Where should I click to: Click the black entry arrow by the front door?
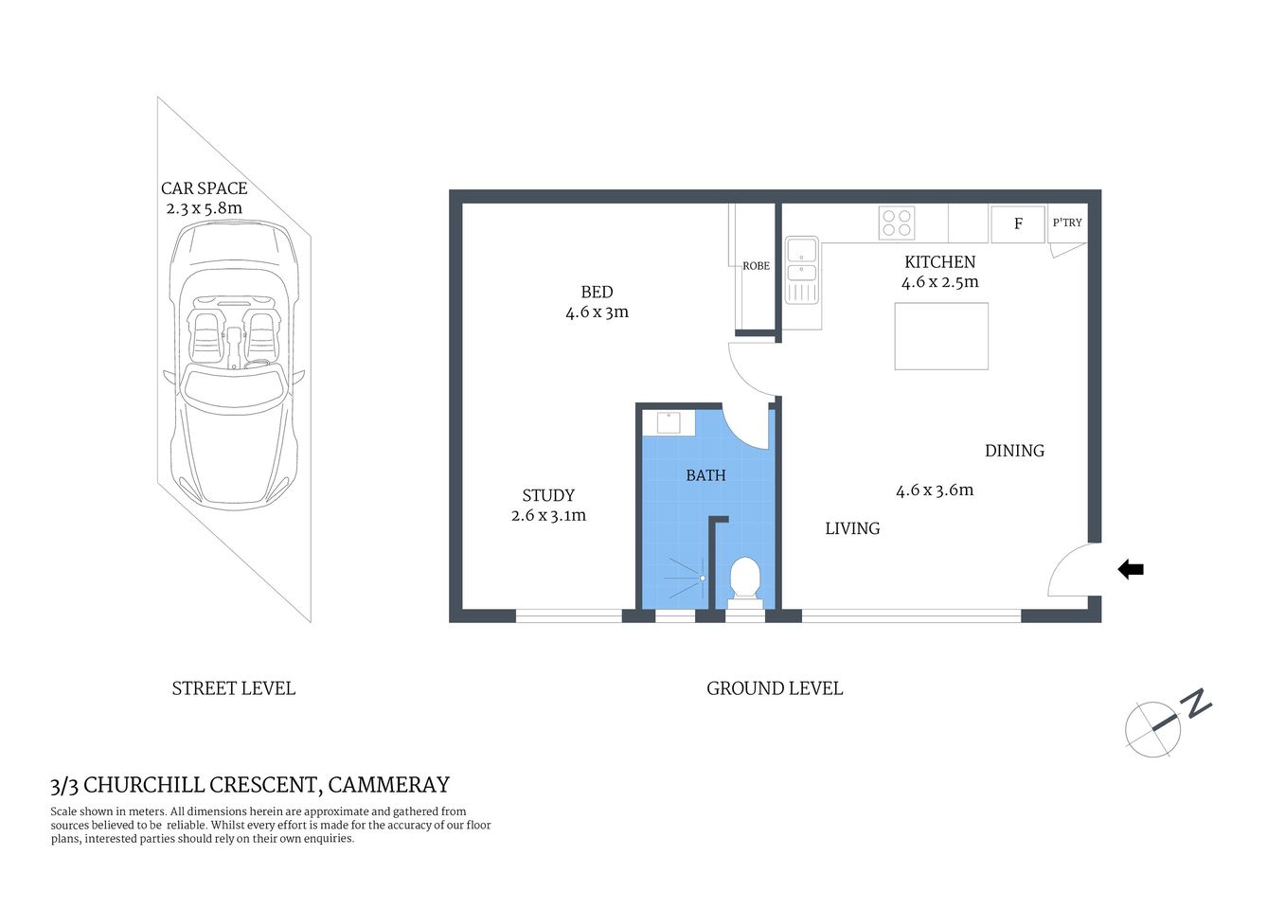[1131, 569]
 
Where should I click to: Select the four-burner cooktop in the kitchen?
[897, 223]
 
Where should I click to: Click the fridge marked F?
[1018, 224]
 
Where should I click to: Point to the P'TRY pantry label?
[1067, 223]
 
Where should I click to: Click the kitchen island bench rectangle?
[941, 336]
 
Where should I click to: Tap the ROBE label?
[756, 266]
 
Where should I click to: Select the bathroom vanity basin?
[669, 422]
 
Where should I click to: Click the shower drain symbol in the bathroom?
[703, 578]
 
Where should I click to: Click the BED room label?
[597, 293]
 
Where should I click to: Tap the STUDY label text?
[548, 495]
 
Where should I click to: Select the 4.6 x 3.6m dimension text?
[935, 490]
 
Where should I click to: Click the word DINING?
[1014, 451]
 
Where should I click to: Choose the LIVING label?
[852, 528]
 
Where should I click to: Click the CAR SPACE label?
[204, 188]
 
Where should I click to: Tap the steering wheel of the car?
[258, 364]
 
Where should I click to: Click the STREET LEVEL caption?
[234, 688]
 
